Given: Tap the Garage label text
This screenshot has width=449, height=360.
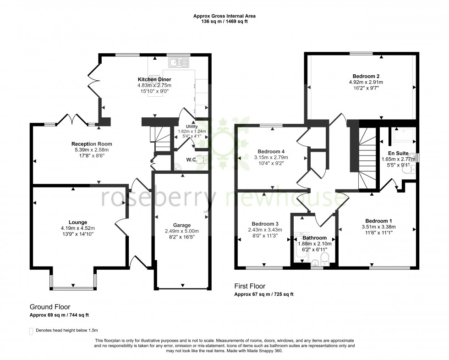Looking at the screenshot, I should point(181,225).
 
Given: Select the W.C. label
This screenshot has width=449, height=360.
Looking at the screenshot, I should point(192,160).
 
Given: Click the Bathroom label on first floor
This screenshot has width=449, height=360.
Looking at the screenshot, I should point(314,238).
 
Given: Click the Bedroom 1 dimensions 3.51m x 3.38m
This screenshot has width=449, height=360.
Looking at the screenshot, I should point(378,227).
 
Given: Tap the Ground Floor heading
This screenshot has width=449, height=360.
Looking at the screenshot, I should point(50,307).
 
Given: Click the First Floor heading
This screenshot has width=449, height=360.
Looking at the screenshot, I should point(250,286).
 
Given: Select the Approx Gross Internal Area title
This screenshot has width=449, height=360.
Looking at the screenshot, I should point(224,16).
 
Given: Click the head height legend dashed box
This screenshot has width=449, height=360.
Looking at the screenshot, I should point(31,331).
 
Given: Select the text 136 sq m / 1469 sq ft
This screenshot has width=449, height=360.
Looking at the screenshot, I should point(224,22).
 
